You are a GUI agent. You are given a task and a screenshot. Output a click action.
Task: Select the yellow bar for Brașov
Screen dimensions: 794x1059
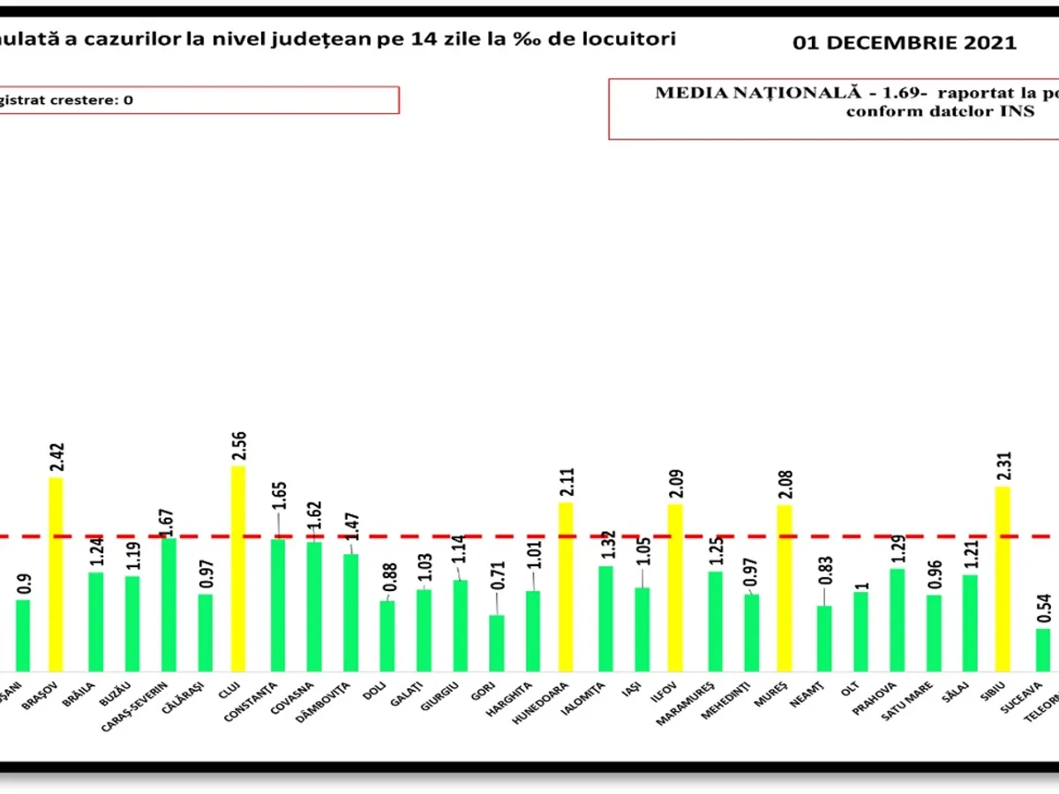[x=56, y=573]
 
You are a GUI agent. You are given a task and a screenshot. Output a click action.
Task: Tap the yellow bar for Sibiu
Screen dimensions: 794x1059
[x=1003, y=579]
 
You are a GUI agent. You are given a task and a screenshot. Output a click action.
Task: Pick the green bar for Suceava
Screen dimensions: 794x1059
[x=1043, y=649]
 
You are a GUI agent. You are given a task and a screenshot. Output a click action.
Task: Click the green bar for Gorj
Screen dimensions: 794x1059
[x=497, y=643]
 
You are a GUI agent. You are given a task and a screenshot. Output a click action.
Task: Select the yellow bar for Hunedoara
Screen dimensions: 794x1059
[x=566, y=587]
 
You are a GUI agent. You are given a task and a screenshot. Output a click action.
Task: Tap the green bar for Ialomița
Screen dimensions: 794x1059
[x=605, y=618]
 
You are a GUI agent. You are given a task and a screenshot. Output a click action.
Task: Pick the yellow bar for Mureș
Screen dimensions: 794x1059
[x=785, y=588]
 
